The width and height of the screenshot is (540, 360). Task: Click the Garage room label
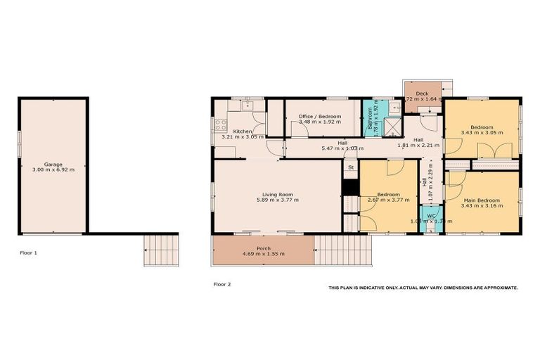53,163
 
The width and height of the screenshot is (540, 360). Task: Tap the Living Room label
278,194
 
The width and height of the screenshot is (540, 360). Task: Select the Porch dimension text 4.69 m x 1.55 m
263,253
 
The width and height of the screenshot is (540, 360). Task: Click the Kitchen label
243,131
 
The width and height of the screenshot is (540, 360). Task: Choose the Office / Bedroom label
319,116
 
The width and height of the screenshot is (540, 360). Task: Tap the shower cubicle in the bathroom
395,127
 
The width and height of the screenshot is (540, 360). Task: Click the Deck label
422,94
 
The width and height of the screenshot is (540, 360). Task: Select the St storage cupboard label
349,168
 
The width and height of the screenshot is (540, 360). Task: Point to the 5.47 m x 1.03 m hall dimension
342,148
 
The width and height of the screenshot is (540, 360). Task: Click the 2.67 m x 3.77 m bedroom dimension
388,200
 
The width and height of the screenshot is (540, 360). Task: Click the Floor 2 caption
222,284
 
